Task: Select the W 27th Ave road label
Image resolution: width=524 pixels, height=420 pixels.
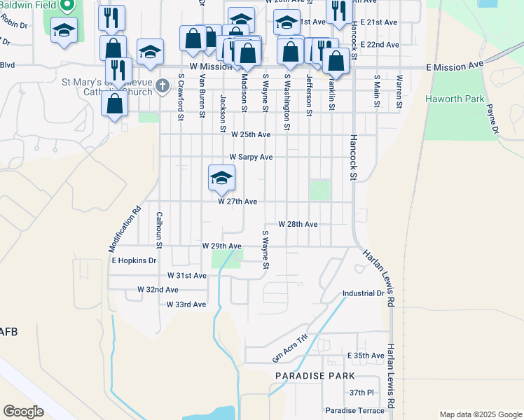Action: pyautogui.click(x=237, y=202)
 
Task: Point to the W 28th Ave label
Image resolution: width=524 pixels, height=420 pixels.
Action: pyautogui.click(x=298, y=225)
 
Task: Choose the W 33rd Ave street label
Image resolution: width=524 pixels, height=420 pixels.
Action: pyautogui.click(x=186, y=304)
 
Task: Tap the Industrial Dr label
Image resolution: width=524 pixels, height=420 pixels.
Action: pyautogui.click(x=363, y=293)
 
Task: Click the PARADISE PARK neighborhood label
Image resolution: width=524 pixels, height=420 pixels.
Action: pyautogui.click(x=305, y=377)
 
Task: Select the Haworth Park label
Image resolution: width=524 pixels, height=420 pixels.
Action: pyautogui.click(x=455, y=99)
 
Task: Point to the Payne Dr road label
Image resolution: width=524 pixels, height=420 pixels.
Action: pyautogui.click(x=491, y=120)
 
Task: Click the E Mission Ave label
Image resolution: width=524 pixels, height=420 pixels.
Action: pyautogui.click(x=455, y=65)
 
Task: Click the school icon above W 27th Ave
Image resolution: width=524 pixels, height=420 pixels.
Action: pyautogui.click(x=221, y=178)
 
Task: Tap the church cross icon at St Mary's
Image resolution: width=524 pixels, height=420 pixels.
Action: pyautogui.click(x=163, y=87)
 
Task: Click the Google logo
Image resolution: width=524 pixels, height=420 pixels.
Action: pyautogui.click(x=23, y=412)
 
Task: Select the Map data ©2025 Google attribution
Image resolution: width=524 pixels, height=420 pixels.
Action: pyautogui.click(x=480, y=414)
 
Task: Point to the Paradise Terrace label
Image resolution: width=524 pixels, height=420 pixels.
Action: pyautogui.click(x=354, y=410)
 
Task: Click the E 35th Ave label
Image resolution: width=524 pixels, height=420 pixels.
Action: pyautogui.click(x=366, y=356)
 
